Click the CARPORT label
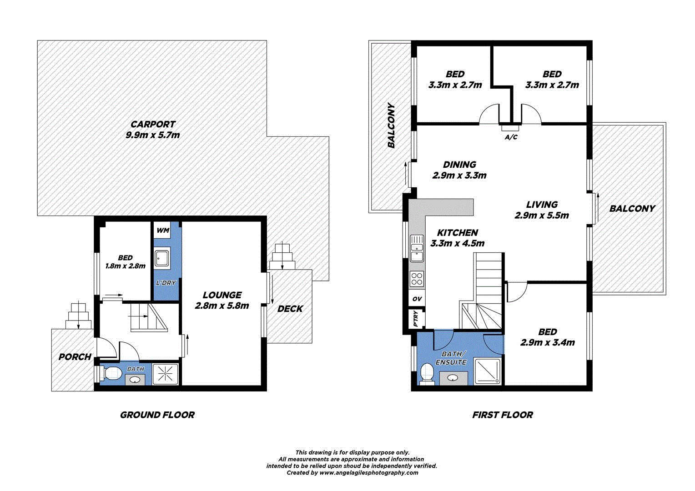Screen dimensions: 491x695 [153, 124]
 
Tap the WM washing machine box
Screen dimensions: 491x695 [163, 230]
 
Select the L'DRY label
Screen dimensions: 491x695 [166, 283]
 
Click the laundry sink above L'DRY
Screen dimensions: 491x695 [162, 259]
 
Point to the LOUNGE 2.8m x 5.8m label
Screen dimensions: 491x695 [222, 301]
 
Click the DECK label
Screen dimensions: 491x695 [290, 309]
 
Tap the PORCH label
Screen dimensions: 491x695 [75, 357]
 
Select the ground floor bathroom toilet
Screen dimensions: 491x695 [111, 374]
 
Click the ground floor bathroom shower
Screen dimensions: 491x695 [166, 374]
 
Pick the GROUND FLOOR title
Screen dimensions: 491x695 [157, 415]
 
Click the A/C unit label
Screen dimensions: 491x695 [511, 137]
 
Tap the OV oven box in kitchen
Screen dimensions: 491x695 [417, 299]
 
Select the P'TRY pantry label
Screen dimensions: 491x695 [416, 319]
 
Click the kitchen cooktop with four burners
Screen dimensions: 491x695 [417, 278]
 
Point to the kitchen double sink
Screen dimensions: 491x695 [417, 248]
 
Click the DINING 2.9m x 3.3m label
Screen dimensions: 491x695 [459, 170]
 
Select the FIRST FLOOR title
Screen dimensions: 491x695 [502, 415]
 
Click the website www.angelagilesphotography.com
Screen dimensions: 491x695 [368, 473]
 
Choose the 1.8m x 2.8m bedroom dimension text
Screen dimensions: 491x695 [125, 266]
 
